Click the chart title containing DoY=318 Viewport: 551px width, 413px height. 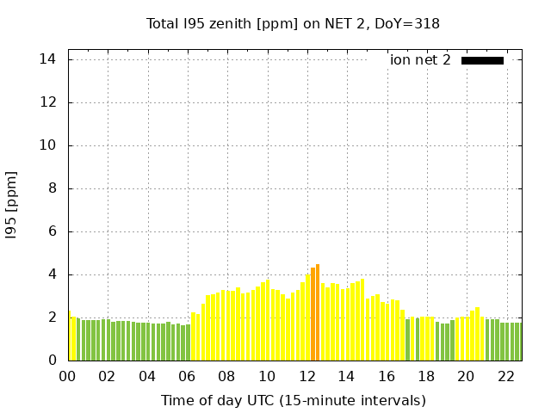pyautogui.click(x=293, y=23)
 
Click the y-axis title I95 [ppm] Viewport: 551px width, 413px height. pyautogui.click(x=12, y=205)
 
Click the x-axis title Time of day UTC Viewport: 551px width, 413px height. pyautogui.click(x=293, y=400)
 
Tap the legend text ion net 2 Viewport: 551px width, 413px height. pyautogui.click(x=420, y=60)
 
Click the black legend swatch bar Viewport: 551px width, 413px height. pyautogui.click(x=482, y=60)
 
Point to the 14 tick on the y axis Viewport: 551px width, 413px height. pyautogui.click(x=48, y=59)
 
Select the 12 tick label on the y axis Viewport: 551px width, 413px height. pyautogui.click(x=48, y=102)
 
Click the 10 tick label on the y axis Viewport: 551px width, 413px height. pyautogui.click(x=48, y=145)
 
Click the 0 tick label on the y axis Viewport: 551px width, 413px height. pyautogui.click(x=53, y=361)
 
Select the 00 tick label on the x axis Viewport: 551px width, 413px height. pyautogui.click(x=67, y=376)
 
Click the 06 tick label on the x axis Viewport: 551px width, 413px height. pyautogui.click(x=187, y=376)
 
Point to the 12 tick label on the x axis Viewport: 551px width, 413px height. pyautogui.click(x=306, y=376)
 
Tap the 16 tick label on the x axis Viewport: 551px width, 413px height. pyautogui.click(x=386, y=376)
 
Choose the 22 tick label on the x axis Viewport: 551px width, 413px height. pyautogui.click(x=505, y=376)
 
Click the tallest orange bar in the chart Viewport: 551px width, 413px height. pyautogui.click(x=318, y=312)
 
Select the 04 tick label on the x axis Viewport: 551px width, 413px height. pyautogui.click(x=147, y=376)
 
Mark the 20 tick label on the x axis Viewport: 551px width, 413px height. pyautogui.click(x=466, y=376)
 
